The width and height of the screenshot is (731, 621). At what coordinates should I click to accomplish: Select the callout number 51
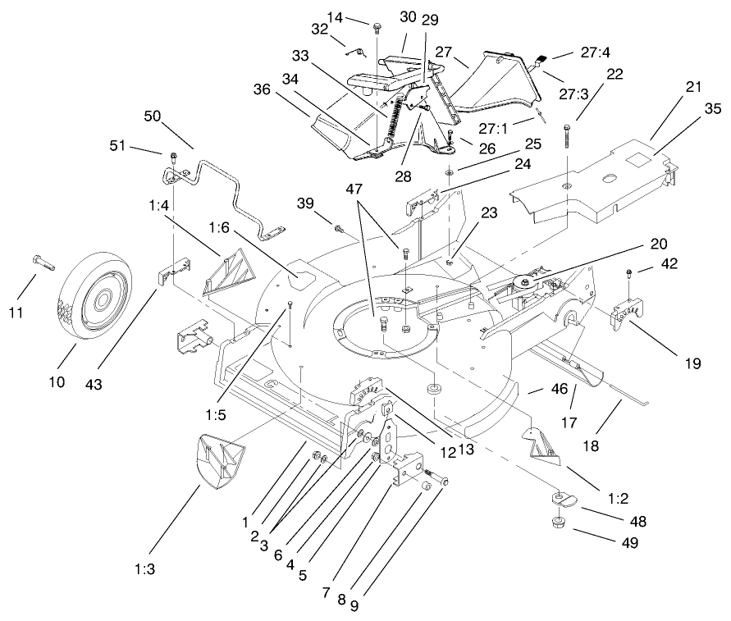[121, 147]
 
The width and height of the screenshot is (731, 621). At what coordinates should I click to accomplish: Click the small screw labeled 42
[629, 274]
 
